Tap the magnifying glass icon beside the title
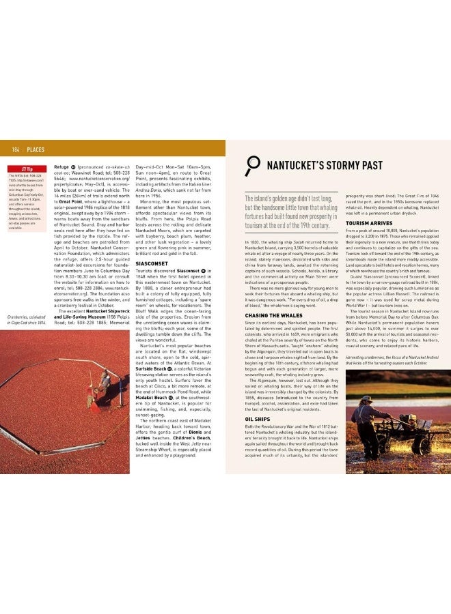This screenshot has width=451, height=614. (x=253, y=165)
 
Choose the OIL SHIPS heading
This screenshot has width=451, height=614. (x=258, y=419)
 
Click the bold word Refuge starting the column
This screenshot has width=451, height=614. (x=61, y=166)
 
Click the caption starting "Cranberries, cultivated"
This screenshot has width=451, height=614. (x=25, y=319)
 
